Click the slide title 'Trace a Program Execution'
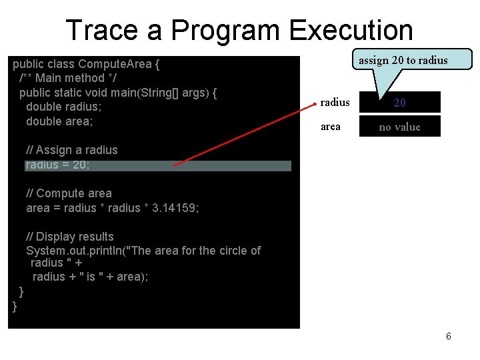[x=239, y=30]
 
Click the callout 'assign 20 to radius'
[x=403, y=60]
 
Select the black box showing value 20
[x=400, y=103]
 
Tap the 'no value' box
[x=400, y=127]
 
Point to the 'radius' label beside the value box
[x=335, y=103]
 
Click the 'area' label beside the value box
[x=331, y=127]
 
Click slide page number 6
[x=449, y=337]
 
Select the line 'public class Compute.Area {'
[x=87, y=65]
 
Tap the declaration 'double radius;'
[x=63, y=107]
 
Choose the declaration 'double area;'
[x=59, y=121]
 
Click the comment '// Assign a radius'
[x=71, y=151]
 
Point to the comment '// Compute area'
[x=69, y=193]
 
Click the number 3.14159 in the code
[x=175, y=208]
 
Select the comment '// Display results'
[x=69, y=237]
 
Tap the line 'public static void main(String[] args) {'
[x=118, y=93]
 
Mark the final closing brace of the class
[x=15, y=306]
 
